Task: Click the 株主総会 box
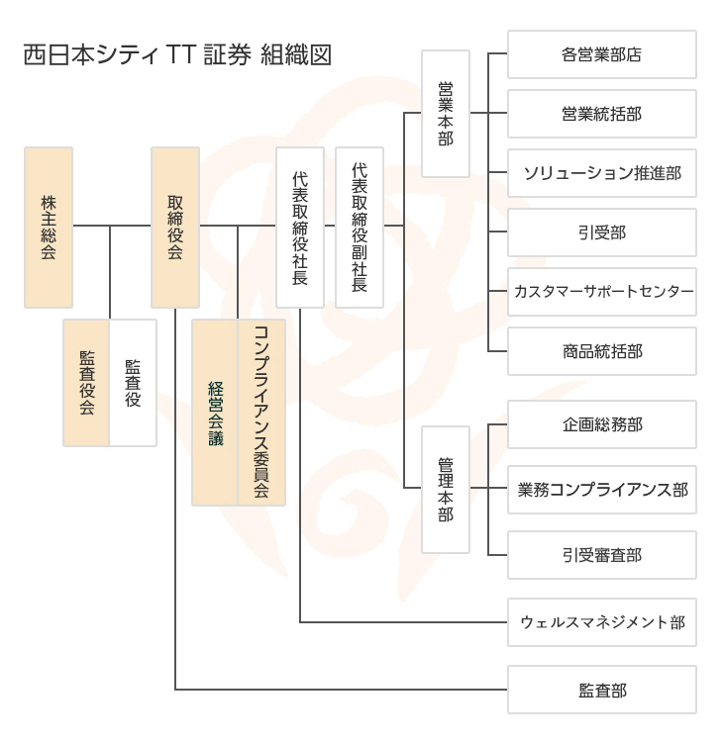(49, 227)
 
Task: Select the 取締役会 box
(175, 227)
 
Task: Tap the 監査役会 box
(86, 382)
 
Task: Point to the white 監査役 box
(133, 382)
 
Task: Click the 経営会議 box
(215, 413)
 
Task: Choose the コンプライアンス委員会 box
(261, 413)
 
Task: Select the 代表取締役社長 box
(300, 227)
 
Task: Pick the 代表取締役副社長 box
(360, 227)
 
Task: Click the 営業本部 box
(445, 113)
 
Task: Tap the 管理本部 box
(445, 489)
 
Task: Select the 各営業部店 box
(601, 54)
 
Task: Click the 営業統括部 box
(601, 114)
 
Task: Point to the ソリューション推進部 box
(601, 173)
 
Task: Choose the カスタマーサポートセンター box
(601, 292)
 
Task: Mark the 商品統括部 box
(601, 351)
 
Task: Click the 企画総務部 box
(601, 425)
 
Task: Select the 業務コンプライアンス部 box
(601, 489)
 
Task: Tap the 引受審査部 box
(601, 554)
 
